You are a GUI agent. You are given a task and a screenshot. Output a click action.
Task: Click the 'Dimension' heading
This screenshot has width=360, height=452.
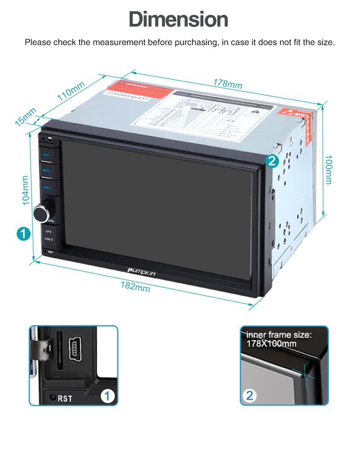179,20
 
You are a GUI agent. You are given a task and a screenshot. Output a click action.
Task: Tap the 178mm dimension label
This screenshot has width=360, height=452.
228,84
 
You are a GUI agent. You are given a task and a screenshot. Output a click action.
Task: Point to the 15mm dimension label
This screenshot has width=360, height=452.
26,117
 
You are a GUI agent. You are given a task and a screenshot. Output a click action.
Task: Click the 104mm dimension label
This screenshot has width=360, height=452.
26,190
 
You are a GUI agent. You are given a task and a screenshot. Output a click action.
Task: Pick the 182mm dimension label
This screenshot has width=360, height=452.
135,286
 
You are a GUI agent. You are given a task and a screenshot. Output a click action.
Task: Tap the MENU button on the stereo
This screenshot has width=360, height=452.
47,171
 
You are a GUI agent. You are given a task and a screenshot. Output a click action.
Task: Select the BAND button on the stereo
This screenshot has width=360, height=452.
47,187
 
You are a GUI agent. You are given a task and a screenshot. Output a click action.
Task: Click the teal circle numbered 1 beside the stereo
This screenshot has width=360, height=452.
23,233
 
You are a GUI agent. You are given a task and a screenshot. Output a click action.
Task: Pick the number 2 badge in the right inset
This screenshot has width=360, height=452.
250,396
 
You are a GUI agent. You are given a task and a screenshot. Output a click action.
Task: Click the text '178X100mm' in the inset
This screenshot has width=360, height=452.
271,344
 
